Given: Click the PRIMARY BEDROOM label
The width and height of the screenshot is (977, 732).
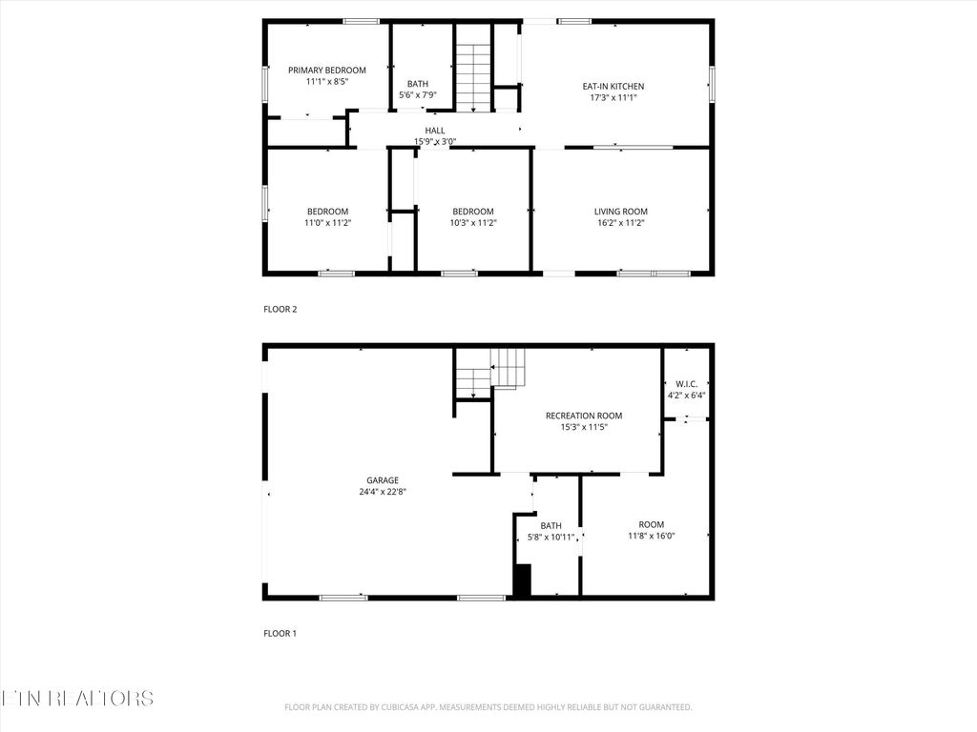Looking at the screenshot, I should (327, 71).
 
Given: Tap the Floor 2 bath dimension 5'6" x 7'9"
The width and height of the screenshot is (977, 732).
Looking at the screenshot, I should (417, 95).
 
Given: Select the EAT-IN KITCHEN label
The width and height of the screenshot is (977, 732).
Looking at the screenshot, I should (613, 86).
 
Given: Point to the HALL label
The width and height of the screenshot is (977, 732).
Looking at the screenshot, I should (435, 131).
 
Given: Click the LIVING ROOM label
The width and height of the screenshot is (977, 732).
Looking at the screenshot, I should (621, 212).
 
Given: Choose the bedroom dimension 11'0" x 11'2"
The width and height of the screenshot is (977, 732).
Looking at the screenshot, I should (327, 223).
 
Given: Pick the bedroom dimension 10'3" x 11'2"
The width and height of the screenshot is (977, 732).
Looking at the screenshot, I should (473, 223).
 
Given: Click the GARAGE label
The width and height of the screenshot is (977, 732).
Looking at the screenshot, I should (383, 480).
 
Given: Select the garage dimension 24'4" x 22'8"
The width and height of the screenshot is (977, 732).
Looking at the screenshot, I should (383, 493).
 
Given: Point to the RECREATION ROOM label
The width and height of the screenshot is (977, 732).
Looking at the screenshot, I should (584, 416).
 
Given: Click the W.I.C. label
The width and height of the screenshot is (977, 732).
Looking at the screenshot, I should (686, 383).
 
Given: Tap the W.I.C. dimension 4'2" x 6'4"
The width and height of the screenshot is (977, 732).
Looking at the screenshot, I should (686, 395).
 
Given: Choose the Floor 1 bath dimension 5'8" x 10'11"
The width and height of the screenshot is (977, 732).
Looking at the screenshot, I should (551, 538).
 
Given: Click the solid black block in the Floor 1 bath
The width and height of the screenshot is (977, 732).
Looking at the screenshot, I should (522, 579).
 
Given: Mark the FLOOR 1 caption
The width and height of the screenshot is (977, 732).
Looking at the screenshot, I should (281, 633).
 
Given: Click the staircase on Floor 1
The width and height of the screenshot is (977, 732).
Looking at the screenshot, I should (490, 372).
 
